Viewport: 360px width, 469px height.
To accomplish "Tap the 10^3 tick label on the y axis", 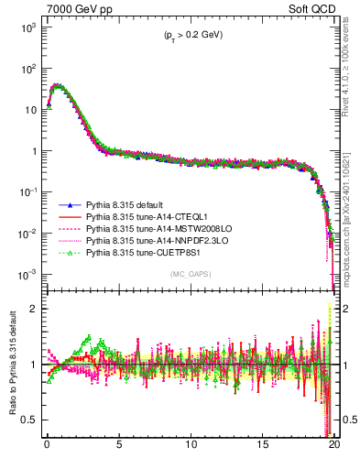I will point(28,27).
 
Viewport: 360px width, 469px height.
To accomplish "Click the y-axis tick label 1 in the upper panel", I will point(34,151).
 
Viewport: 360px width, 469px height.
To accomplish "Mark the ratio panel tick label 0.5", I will point(29,420).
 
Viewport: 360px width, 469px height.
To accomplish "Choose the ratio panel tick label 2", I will point(34,308).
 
